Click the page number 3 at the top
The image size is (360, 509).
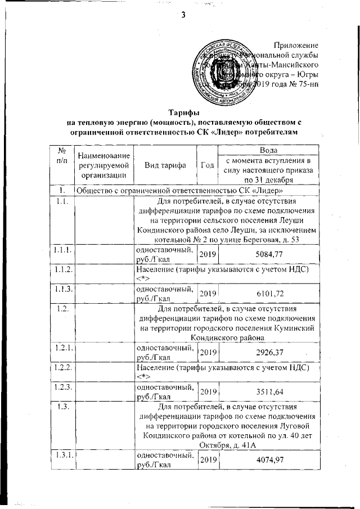tap(183, 15)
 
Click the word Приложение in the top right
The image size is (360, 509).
tap(296, 45)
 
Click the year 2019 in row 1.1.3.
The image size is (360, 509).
tap(208, 294)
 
